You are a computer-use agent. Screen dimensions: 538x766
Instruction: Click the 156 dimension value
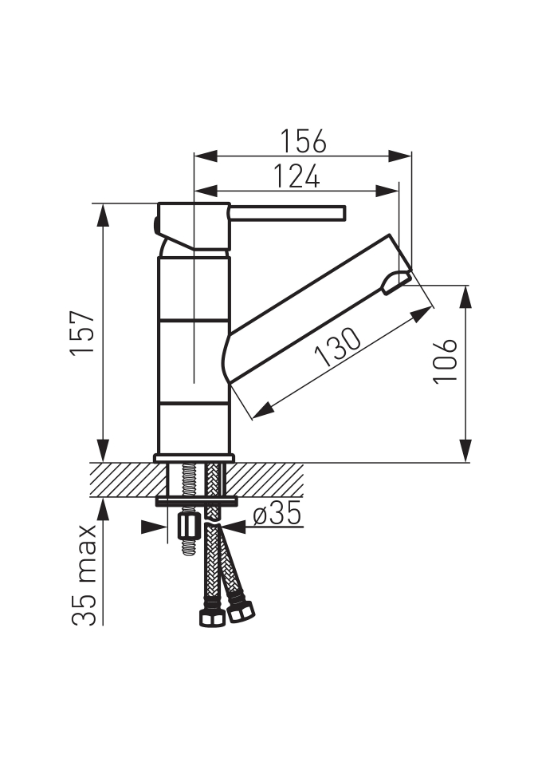click(x=303, y=141)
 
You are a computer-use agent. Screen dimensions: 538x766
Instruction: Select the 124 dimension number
click(x=296, y=176)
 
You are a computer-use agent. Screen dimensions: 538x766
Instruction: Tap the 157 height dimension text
click(x=83, y=333)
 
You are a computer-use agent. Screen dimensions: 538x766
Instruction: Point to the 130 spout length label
click(x=338, y=347)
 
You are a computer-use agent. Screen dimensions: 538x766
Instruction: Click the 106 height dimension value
click(x=446, y=361)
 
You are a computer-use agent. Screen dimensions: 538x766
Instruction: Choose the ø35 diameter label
click(x=277, y=515)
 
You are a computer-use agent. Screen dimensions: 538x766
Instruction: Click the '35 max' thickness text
click(x=84, y=575)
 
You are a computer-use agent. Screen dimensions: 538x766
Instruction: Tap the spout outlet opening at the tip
click(x=395, y=282)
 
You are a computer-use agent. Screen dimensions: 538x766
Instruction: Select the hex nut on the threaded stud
click(x=188, y=526)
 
